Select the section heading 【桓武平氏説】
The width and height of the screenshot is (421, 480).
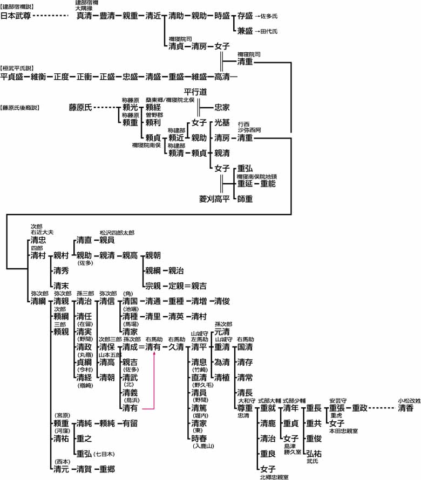17,68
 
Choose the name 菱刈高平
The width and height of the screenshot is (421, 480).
215,199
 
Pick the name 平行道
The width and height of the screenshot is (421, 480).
195,92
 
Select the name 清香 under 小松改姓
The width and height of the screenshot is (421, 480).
406,408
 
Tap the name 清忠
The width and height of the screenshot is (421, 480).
38,240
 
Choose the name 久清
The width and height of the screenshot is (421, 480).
176,347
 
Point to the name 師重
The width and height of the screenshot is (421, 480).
245,199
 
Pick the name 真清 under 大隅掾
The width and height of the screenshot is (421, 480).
84,16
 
